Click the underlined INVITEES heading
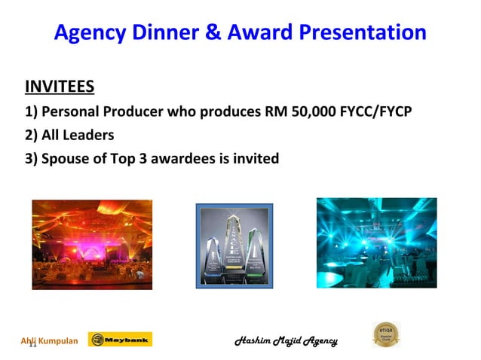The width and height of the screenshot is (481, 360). (x=60, y=87)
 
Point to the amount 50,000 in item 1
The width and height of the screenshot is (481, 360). (x=311, y=112)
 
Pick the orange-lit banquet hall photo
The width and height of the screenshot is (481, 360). (x=92, y=245)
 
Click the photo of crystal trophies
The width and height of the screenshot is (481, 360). (x=234, y=246)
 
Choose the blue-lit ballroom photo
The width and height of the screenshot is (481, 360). (x=376, y=243)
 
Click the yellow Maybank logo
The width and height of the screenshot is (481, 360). (x=120, y=340)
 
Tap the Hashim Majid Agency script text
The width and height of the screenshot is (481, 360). (x=286, y=340)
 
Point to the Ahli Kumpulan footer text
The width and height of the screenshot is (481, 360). (x=49, y=340)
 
